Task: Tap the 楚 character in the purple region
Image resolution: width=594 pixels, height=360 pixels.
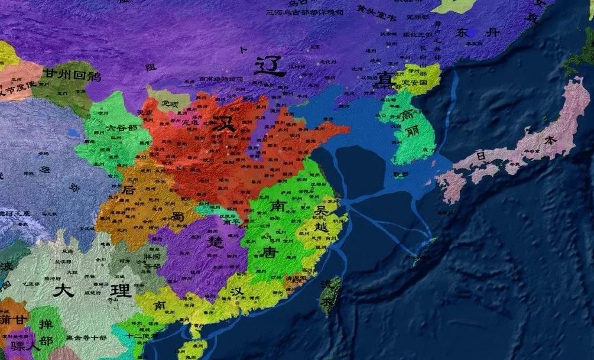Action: tap(215, 241)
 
